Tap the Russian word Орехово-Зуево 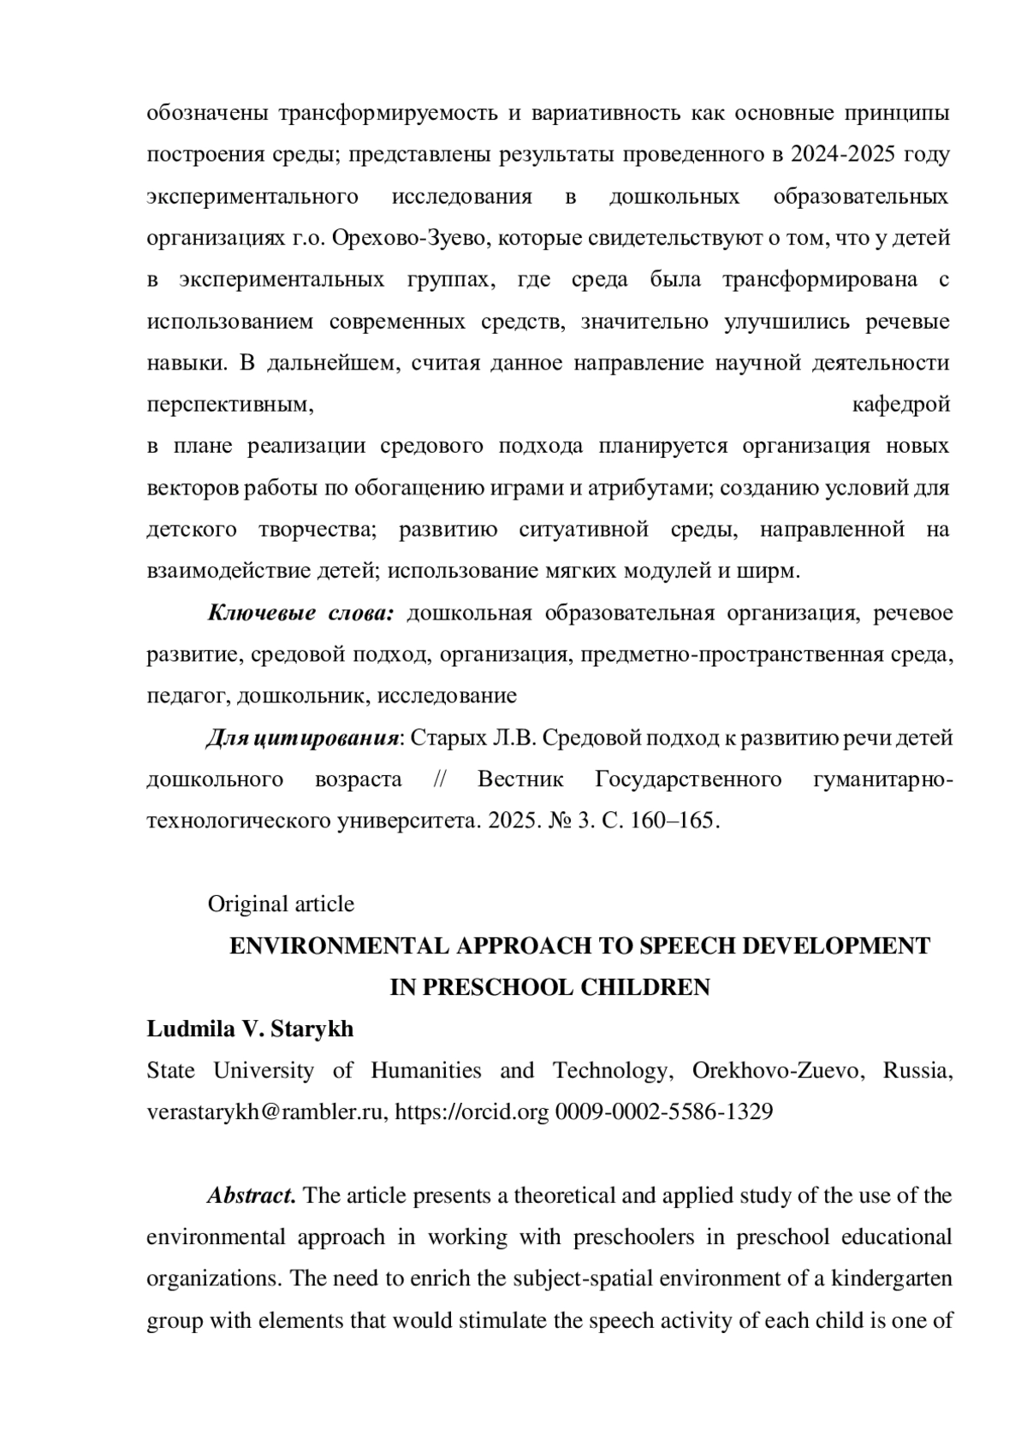coord(414,238)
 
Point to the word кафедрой coord(901,405)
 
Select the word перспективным coord(227,405)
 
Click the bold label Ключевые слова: coord(300,613)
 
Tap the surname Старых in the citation coord(448,738)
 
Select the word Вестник coord(520,779)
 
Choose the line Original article coord(281,904)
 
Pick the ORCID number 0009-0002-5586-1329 coord(664,1112)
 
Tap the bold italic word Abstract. coord(252,1195)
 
